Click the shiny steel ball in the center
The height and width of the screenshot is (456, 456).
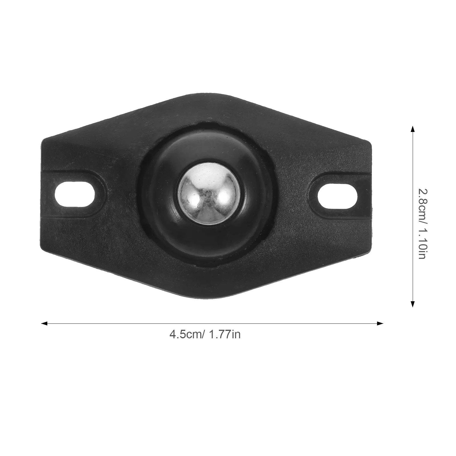click(x=209, y=194)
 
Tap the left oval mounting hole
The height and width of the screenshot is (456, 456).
click(x=75, y=195)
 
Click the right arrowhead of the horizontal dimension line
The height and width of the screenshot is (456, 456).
click(x=380, y=323)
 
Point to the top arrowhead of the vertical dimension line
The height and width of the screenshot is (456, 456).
click(x=412, y=129)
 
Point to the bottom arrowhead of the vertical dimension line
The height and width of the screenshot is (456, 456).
click(x=412, y=304)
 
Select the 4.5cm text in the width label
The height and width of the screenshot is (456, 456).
click(x=185, y=334)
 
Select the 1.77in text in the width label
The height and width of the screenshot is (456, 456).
click(x=225, y=334)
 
